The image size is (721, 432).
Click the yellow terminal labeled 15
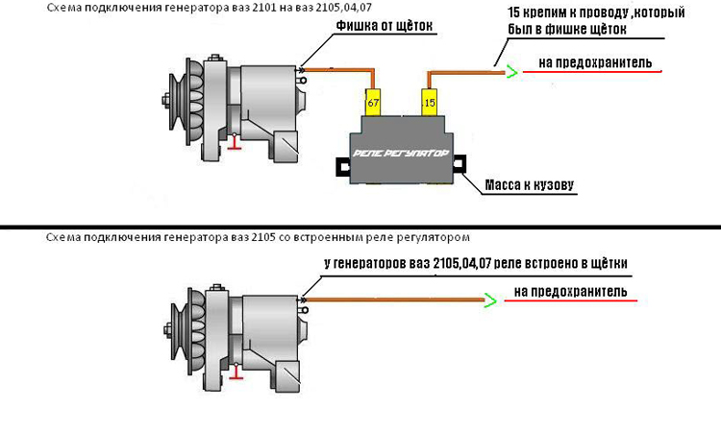428,99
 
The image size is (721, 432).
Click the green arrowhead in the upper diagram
512,69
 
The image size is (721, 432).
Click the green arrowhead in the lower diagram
488,300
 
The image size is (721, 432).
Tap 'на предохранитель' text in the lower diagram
571,291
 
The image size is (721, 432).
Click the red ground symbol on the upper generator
233,144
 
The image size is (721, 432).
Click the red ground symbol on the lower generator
232,375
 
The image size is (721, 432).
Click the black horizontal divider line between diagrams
360,227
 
